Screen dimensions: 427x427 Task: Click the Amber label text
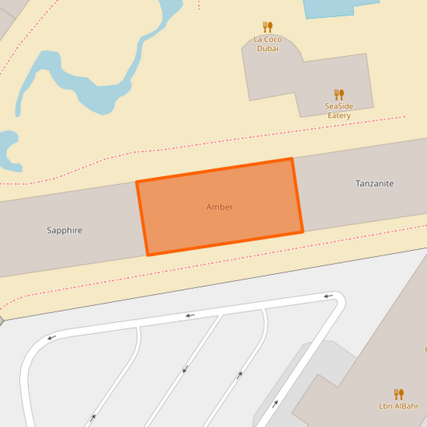[x=220, y=207]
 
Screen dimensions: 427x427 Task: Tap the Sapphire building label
[x=65, y=231]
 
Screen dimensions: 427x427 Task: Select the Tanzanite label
[x=375, y=183]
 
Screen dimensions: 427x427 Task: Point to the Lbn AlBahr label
[x=399, y=406]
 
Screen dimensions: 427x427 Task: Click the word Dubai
[x=268, y=49]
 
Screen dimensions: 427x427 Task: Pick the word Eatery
[x=339, y=116]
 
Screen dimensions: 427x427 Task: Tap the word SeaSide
[x=339, y=107]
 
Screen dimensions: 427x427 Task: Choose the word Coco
[x=272, y=39]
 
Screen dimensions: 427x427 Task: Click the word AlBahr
[x=406, y=406]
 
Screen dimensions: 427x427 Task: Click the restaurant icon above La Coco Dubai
[x=268, y=27]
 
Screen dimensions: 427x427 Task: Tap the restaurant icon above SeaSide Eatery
[x=339, y=94]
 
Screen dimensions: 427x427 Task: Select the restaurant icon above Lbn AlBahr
[x=399, y=393]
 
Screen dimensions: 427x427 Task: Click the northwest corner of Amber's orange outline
[x=137, y=182]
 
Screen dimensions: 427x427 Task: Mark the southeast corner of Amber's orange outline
[x=303, y=232]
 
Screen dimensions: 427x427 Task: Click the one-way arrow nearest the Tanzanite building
[x=328, y=296]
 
